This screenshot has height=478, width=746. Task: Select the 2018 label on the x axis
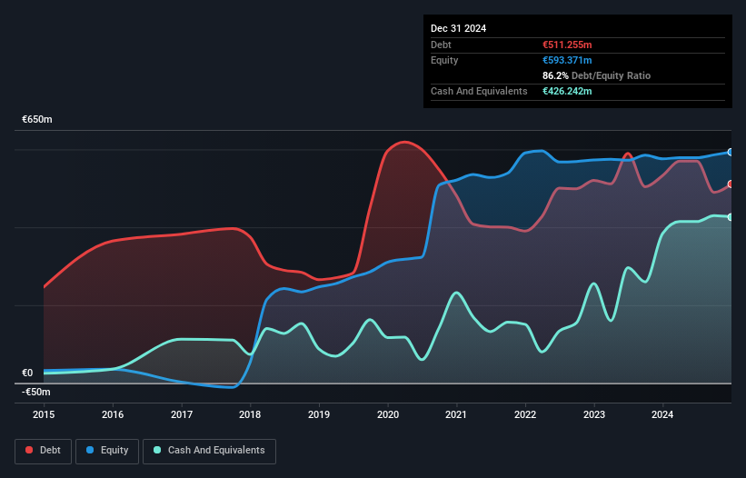click(250, 414)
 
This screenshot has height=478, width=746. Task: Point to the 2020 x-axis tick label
click(388, 414)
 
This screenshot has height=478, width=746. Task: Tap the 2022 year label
click(525, 414)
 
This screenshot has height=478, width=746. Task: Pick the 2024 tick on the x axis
click(663, 414)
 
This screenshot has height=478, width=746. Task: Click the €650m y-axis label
click(37, 120)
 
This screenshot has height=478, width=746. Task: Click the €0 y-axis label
click(27, 373)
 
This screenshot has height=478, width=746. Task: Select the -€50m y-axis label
click(36, 392)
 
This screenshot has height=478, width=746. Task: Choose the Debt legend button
click(42, 451)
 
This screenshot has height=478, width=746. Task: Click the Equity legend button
click(107, 451)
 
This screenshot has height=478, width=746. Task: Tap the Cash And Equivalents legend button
click(209, 451)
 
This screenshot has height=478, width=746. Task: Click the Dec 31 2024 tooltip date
click(459, 28)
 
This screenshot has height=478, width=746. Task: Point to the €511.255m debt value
click(567, 45)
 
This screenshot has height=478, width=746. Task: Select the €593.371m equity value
click(567, 60)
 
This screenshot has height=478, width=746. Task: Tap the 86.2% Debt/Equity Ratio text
click(596, 75)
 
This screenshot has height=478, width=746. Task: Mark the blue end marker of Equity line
click(731, 152)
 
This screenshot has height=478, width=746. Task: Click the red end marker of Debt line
click(731, 184)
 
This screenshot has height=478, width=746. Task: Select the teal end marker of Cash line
click(731, 216)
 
